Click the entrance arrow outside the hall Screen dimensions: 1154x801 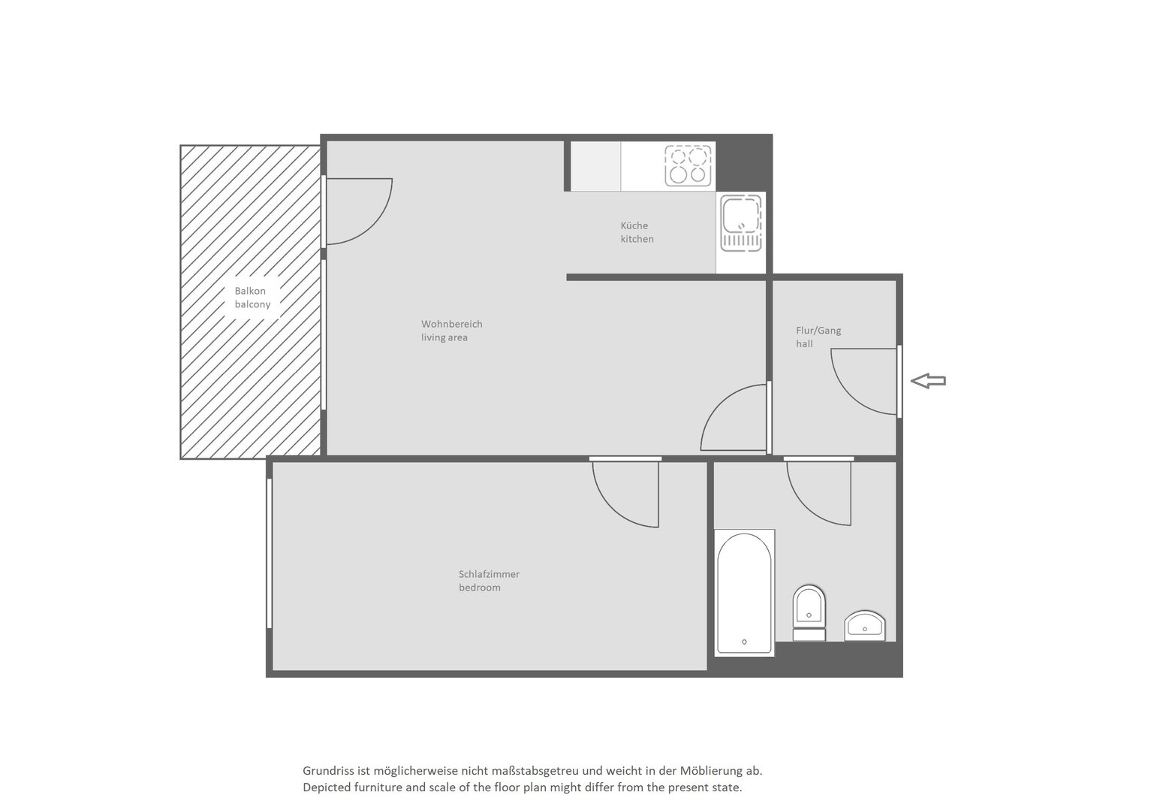click(928, 381)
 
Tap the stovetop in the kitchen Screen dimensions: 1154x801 click(688, 165)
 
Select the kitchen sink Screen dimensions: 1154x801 click(741, 222)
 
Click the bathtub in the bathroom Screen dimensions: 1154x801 click(745, 593)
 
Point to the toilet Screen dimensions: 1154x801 click(809, 613)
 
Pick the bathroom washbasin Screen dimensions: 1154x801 click(865, 626)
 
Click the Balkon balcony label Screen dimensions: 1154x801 click(252, 298)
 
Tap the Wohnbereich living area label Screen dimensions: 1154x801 click(452, 331)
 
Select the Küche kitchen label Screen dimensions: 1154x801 click(637, 232)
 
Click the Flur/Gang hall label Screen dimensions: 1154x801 click(818, 337)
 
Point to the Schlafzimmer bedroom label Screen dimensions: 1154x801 click(489, 580)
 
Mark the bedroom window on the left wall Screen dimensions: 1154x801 click(269, 554)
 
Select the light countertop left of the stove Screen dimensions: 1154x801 click(595, 166)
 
